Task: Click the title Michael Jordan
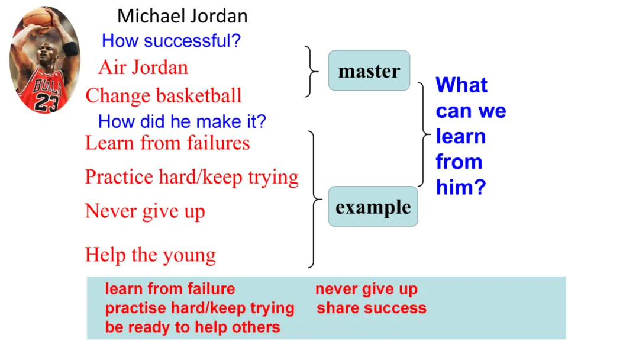pos(182,16)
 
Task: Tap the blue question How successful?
pos(171,41)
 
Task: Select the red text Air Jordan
pos(143,67)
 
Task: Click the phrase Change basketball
pos(163,95)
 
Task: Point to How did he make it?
pos(182,122)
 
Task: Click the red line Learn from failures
pos(167,143)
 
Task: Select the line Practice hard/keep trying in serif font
pos(192,177)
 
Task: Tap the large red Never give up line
pos(145,211)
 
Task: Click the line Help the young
pos(150,255)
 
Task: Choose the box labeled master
pos(369,71)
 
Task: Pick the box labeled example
pos(373,207)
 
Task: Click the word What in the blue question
pos(461,85)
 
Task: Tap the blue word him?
pos(460,188)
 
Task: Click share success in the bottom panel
pos(371,308)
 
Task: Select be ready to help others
pos(192,327)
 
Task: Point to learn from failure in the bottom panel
pos(170,289)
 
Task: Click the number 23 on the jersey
pos(45,102)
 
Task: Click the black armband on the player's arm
pos(70,49)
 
